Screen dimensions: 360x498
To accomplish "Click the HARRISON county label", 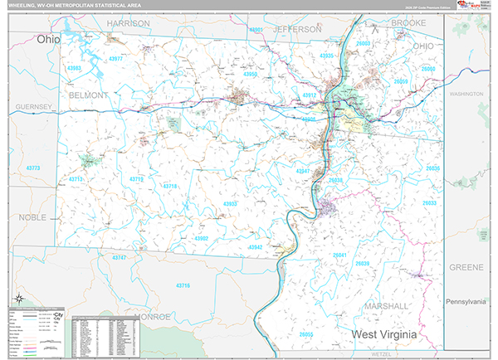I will [x=128, y=24].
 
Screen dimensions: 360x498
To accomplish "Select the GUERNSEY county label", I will [x=33, y=107].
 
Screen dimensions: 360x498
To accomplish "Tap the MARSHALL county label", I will [x=386, y=306].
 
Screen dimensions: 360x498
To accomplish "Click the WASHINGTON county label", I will [x=466, y=95].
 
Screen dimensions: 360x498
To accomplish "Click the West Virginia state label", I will [x=393, y=334].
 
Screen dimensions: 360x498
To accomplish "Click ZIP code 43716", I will [x=183, y=285].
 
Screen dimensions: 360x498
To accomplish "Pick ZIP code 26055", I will [x=306, y=333].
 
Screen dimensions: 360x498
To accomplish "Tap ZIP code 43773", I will [x=33, y=168].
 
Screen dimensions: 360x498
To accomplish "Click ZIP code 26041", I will [x=340, y=255].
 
